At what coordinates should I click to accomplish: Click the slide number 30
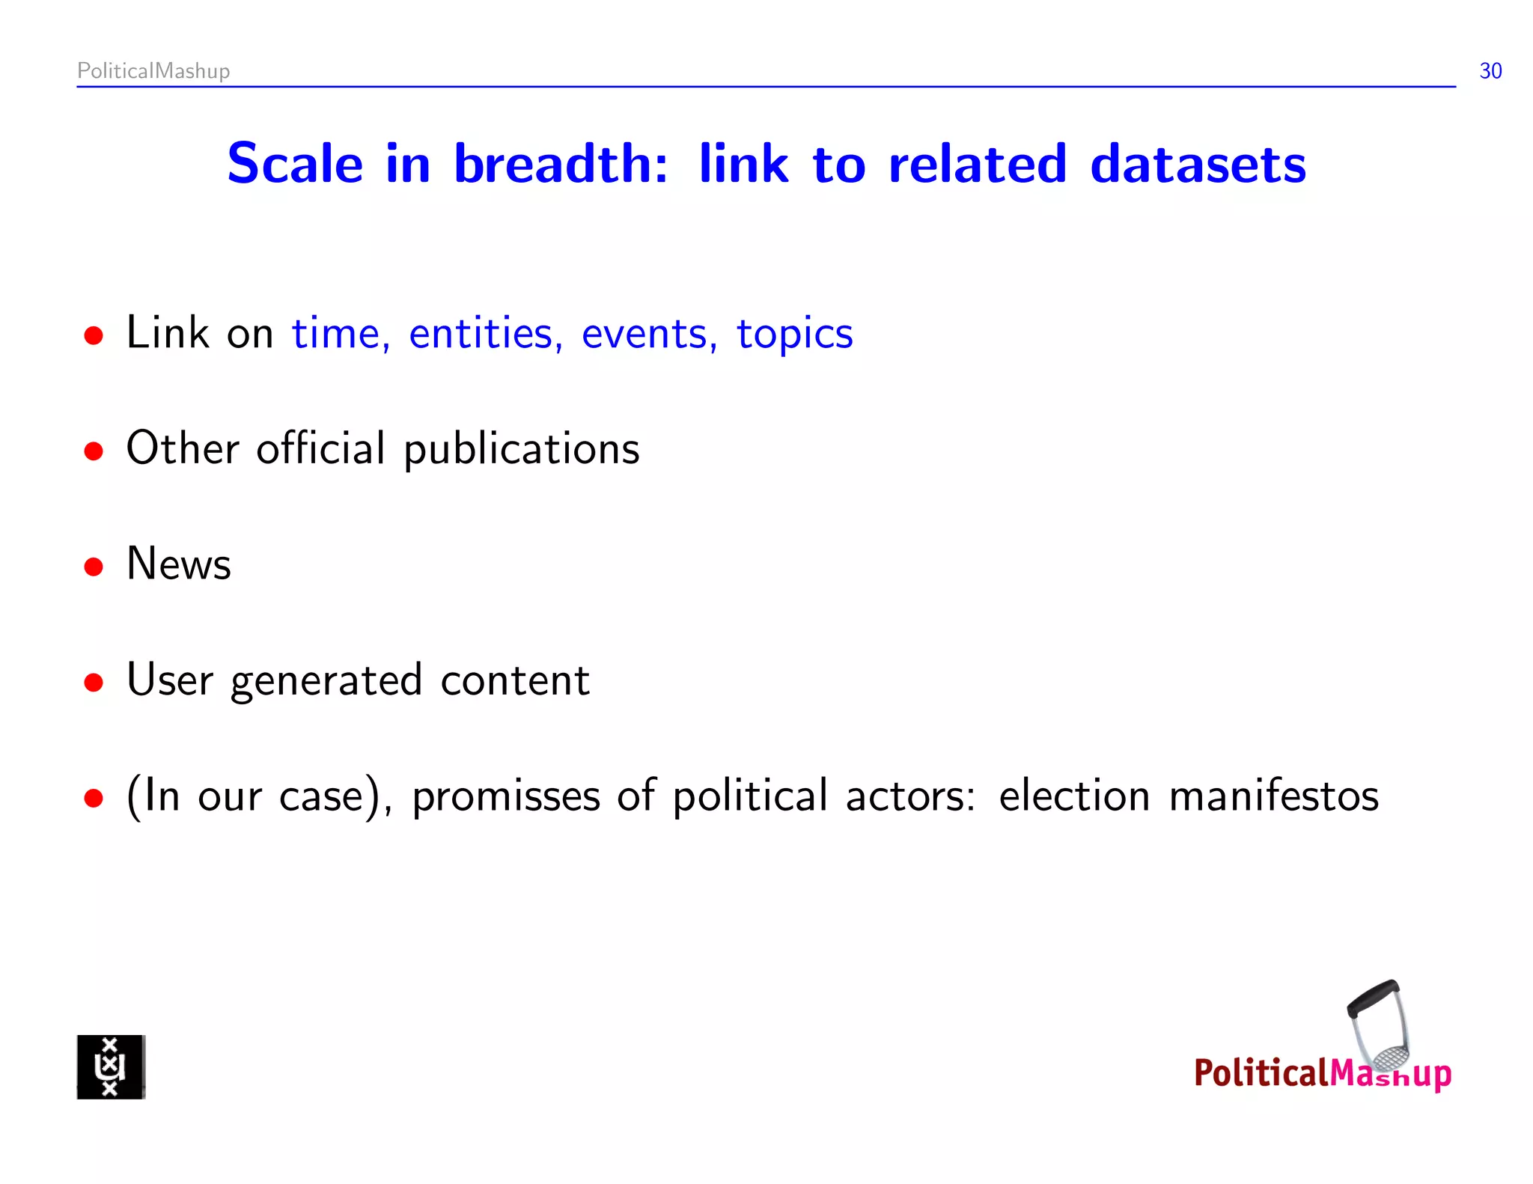[x=1490, y=71]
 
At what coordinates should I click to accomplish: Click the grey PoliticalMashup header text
[x=153, y=71]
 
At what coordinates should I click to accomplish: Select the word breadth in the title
[x=560, y=164]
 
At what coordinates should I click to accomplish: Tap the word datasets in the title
[x=1198, y=164]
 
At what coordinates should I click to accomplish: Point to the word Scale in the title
[x=295, y=164]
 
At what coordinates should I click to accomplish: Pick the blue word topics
[x=794, y=335]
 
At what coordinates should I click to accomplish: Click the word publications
[x=522, y=450]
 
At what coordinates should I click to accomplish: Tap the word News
[x=179, y=564]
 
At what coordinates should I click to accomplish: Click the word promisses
[x=506, y=796]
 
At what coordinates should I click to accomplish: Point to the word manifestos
[x=1273, y=796]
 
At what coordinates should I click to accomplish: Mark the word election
[x=1073, y=796]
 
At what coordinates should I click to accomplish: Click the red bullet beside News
[x=94, y=567]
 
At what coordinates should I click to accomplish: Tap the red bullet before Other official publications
[x=94, y=451]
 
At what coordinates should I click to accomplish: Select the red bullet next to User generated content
[x=94, y=683]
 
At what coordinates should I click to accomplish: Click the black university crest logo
[x=111, y=1066]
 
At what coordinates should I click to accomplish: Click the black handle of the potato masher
[x=1372, y=998]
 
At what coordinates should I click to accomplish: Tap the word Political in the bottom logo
[x=1261, y=1073]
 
